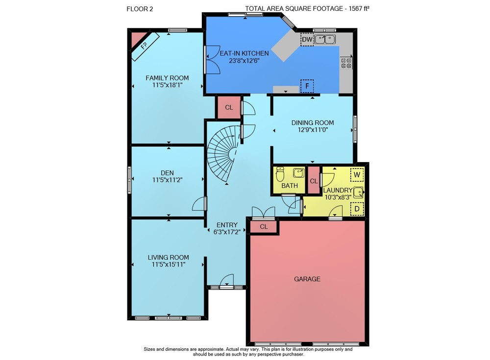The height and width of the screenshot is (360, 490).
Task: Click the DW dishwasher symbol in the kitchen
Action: tap(307, 39)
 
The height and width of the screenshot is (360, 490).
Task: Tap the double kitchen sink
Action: tap(325, 39)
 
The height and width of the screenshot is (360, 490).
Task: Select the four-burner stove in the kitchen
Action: tap(346, 63)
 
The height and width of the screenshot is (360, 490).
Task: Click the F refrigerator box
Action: tap(307, 86)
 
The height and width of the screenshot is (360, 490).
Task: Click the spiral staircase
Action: tap(222, 154)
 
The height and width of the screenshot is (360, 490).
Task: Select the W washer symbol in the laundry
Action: tap(357, 175)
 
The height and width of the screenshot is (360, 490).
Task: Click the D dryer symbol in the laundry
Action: tap(357, 209)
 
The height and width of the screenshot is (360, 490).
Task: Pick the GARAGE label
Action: tap(307, 279)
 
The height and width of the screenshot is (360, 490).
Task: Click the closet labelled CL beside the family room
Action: tap(229, 107)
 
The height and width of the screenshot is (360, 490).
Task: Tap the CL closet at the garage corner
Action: tap(264, 227)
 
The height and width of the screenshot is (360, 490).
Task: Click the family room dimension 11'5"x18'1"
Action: tap(167, 85)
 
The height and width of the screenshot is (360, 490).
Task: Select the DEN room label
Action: tap(167, 173)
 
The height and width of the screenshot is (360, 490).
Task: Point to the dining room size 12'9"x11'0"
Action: tap(313, 130)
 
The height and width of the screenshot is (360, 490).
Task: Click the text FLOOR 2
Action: tap(140, 9)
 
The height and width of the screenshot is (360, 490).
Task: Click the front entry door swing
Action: tap(227, 280)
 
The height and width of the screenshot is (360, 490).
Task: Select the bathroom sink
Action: tap(298, 172)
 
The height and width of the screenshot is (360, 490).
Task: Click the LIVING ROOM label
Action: tap(169, 258)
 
